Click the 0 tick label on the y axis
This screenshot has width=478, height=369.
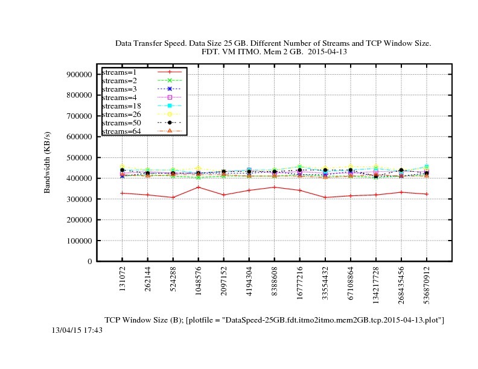click(x=89, y=262)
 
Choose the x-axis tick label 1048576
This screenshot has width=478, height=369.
click(x=199, y=285)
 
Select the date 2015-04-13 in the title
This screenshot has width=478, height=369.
click(x=327, y=52)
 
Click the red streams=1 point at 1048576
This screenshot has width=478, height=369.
click(x=199, y=187)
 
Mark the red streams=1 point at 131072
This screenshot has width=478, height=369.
click(x=123, y=193)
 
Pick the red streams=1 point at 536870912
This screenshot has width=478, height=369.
click(x=427, y=194)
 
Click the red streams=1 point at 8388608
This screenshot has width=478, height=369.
click(x=275, y=187)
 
